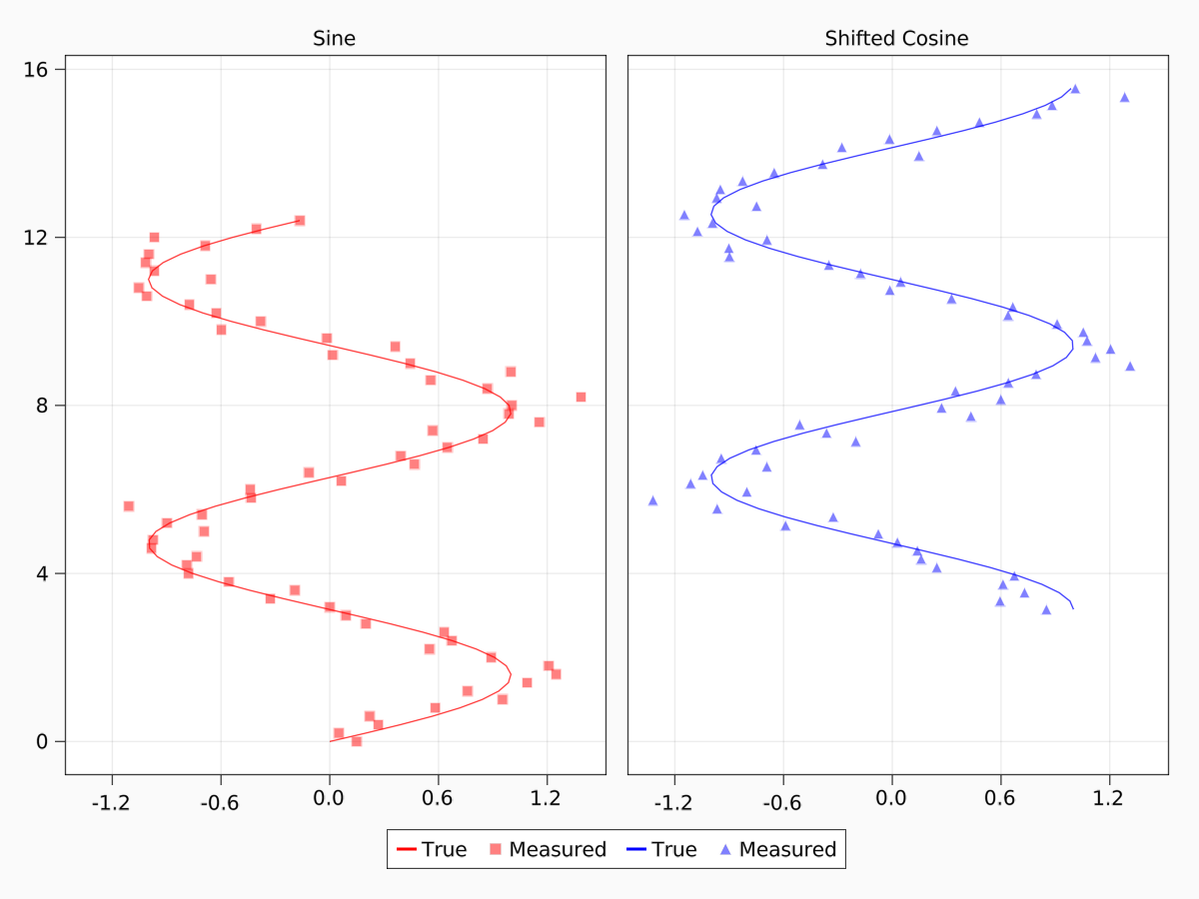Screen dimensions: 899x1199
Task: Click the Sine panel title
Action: pyautogui.click(x=334, y=39)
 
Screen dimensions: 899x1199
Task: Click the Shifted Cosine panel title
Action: pyautogui.click(x=896, y=39)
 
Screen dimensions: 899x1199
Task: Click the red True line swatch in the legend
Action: pyautogui.click(x=406, y=850)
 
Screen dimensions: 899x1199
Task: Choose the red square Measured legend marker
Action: pyautogui.click(x=494, y=850)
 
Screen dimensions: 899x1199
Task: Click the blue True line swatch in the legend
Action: pyautogui.click(x=636, y=850)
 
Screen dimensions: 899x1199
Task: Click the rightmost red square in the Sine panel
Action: pyautogui.click(x=581, y=397)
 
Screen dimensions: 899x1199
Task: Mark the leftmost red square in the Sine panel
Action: pyautogui.click(x=129, y=506)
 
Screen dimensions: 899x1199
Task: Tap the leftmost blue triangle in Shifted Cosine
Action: pyautogui.click(x=652, y=500)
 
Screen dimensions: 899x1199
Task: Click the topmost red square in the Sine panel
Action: pyautogui.click(x=300, y=220)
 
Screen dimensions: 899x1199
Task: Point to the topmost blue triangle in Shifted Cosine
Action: pyautogui.click(x=1075, y=89)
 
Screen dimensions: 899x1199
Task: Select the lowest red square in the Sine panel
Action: pyautogui.click(x=357, y=741)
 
